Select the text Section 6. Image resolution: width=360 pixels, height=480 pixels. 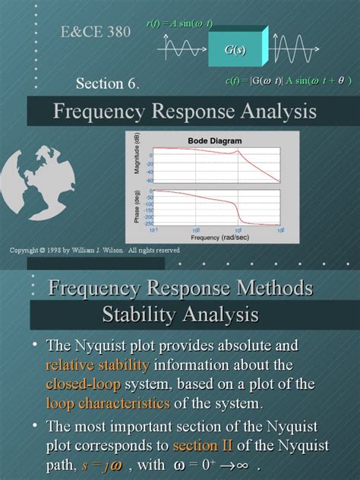click(107, 83)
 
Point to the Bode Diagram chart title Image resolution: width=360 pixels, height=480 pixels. click(215, 141)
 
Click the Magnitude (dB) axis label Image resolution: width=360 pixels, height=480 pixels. click(138, 155)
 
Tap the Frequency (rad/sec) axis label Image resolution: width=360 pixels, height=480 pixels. click(216, 237)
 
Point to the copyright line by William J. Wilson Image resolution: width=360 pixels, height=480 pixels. click(94, 249)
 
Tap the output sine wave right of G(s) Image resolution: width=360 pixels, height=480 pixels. click(292, 50)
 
